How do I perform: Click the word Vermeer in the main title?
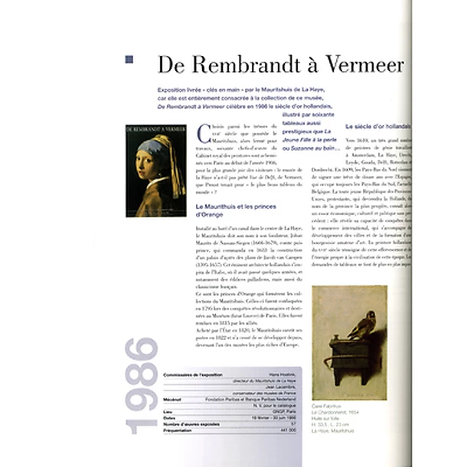368,64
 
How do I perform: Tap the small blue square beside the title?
129,59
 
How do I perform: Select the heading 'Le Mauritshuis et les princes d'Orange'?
240,211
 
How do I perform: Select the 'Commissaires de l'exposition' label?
194,374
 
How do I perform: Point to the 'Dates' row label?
171,417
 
